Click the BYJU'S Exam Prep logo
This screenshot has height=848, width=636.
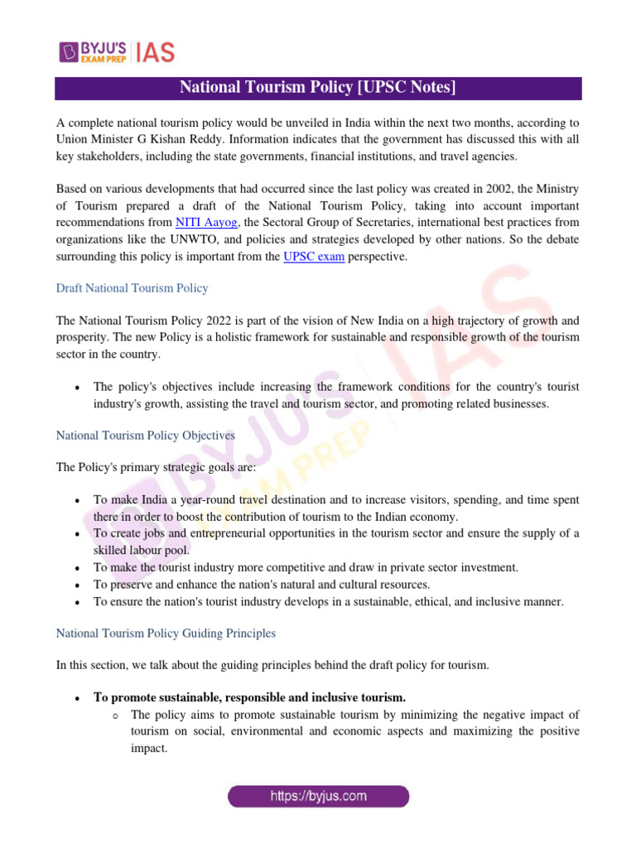[92, 51]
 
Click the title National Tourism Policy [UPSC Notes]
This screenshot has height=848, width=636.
[318, 88]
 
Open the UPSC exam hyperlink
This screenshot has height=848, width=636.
[314, 257]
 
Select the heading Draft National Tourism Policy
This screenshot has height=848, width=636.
[132, 288]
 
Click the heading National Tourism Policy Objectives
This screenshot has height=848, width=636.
[145, 435]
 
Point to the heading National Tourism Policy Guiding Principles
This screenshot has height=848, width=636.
[166, 634]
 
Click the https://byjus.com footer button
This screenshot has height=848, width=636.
[318, 797]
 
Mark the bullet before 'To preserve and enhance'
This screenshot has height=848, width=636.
[76, 585]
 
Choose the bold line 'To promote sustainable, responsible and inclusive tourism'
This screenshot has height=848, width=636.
[249, 697]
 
